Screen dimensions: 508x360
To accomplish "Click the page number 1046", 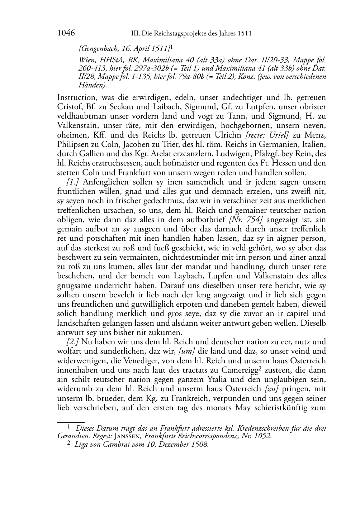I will click(x=66, y=33).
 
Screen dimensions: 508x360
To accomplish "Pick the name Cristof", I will click(x=69, y=107).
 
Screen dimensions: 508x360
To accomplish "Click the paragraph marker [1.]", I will click(x=73, y=182).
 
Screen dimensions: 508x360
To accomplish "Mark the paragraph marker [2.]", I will click(x=73, y=342).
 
